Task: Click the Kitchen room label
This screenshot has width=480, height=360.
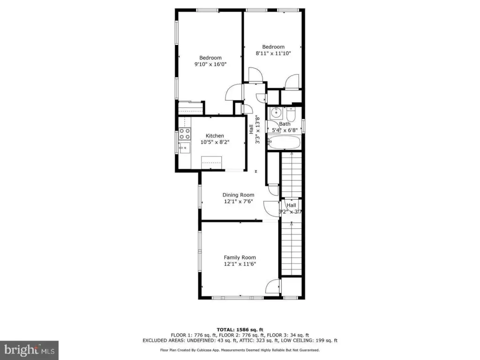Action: point(215,135)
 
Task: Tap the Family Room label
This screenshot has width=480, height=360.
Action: point(240,257)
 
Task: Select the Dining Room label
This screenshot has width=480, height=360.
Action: point(238,195)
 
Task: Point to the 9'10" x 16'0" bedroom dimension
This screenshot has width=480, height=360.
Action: point(210,64)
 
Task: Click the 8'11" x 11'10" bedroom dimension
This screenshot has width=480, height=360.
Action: point(273,53)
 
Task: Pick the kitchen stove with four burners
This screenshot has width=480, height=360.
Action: point(185,134)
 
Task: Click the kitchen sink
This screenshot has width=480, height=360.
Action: point(185,148)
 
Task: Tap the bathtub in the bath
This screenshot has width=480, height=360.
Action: point(284,142)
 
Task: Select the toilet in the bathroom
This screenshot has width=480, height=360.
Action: point(291,114)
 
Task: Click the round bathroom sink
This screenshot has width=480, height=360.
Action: point(277,113)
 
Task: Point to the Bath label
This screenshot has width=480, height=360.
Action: point(285,124)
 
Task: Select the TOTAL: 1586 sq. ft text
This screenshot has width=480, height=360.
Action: point(240,330)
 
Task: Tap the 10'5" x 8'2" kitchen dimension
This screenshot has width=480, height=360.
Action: point(215,142)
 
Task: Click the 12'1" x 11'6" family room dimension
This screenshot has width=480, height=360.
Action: point(240,264)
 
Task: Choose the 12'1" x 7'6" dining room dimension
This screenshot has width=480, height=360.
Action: point(238,202)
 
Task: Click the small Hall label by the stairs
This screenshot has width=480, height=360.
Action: point(291,205)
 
